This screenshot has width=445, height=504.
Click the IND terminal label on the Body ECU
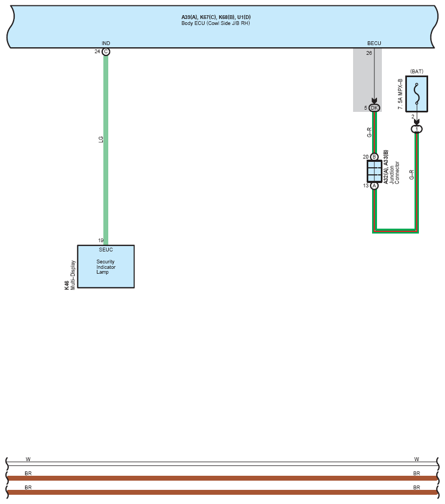pos(106,43)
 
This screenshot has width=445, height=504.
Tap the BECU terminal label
pos(374,43)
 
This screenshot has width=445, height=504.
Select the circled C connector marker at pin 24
pos(106,52)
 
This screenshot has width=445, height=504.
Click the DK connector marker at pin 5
pos(374,108)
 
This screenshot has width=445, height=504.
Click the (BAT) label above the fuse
pos(417,71)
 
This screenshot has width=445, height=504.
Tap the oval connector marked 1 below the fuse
pos(417,129)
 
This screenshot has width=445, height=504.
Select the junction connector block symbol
pos(374,171)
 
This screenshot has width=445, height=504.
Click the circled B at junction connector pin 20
pos(374,157)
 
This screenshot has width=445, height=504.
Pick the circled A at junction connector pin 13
pos(374,186)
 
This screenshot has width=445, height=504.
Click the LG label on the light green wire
pos(101,139)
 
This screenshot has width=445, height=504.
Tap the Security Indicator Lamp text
pos(106,267)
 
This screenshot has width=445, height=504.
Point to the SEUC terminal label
pos(106,250)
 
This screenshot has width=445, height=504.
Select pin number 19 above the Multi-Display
pos(101,241)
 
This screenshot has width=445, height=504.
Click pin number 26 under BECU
pos(369,53)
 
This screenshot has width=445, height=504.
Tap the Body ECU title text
pos(216,23)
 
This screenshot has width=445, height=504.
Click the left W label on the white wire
pos(28,459)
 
